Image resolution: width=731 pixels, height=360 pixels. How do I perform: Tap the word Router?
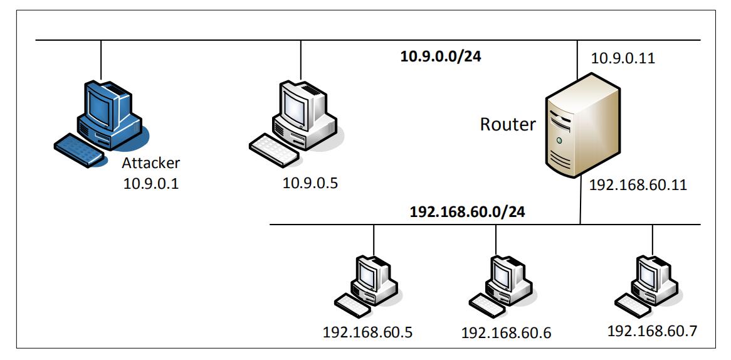[508, 124]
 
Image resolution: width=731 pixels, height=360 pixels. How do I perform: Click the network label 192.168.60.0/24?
[466, 211]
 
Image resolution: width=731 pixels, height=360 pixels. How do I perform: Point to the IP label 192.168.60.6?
[505, 332]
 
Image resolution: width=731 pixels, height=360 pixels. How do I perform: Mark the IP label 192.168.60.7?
[651, 330]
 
